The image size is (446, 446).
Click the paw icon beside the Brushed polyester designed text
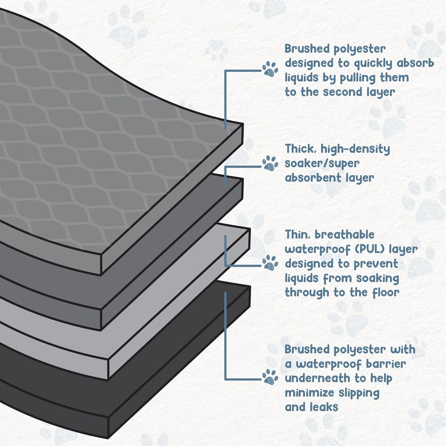coord(270,70)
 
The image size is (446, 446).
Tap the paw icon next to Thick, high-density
coord(270,163)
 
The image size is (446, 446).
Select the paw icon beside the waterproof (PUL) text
coord(270,263)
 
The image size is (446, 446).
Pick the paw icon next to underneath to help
coord(270,377)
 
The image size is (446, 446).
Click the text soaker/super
coord(322,163)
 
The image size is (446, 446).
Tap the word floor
coord(386,293)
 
